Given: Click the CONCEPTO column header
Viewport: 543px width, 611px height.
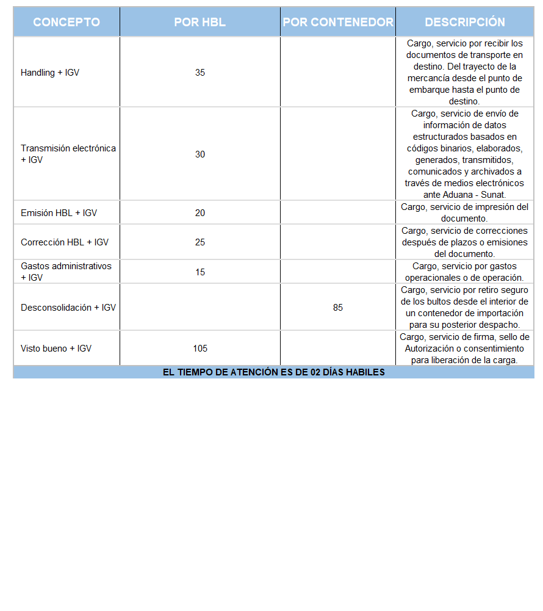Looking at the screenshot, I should [67, 22].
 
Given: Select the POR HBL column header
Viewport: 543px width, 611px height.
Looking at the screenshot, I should [200, 22].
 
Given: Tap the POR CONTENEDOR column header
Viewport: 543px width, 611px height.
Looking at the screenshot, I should [338, 22].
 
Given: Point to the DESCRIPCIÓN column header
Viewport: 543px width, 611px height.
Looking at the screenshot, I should [465, 22].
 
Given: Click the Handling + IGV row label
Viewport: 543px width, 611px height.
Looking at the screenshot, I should [50, 73].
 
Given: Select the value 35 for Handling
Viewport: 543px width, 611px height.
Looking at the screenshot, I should [200, 73].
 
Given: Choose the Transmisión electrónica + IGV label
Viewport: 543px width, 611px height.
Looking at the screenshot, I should [68, 154].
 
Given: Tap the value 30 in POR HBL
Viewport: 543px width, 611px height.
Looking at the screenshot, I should [200, 154].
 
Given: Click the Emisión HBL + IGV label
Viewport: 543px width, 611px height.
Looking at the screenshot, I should [59, 213].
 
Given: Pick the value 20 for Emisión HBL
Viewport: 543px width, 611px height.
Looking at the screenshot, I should [200, 213].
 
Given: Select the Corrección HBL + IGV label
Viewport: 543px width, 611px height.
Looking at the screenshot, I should [65, 242].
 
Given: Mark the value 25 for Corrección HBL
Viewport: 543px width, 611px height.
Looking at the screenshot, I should [200, 242].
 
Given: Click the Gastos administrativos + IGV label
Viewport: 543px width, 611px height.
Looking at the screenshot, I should [66, 272].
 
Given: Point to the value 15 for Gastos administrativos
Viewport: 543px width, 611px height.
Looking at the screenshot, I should [200, 272].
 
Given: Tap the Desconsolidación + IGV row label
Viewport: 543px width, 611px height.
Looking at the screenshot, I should [68, 308].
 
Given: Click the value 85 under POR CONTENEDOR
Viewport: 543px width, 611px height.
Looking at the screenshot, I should [338, 308].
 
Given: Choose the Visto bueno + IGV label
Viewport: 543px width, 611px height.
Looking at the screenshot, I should [56, 349].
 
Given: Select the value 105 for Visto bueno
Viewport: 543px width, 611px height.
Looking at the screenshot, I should [200, 349].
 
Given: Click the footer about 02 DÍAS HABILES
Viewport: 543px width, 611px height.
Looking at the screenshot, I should [273, 372].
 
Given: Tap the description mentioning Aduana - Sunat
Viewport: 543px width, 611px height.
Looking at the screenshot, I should [465, 154].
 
